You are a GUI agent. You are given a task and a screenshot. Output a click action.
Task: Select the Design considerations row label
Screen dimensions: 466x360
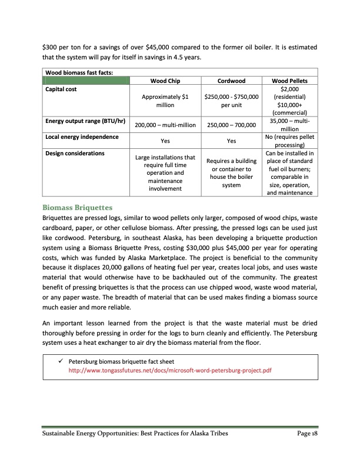coord(76,153)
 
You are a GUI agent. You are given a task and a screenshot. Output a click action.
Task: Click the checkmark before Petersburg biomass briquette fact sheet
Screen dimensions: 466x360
coord(61,361)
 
